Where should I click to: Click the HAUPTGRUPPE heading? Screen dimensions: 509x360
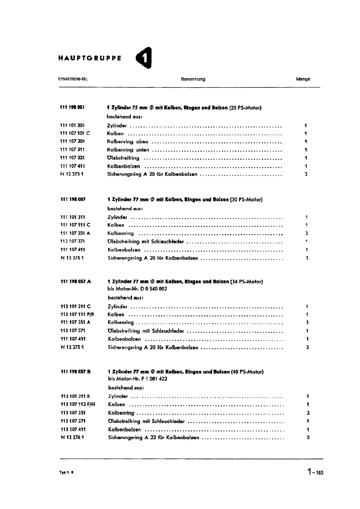click(90, 58)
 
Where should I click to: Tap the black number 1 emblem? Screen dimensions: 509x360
click(144, 58)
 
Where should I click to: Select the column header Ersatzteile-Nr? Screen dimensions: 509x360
click(73, 79)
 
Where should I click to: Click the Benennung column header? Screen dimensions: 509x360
click(193, 79)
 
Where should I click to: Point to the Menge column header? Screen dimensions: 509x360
click(303, 79)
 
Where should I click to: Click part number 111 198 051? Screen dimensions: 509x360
click(72, 108)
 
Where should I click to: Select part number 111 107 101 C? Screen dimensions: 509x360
click(75, 133)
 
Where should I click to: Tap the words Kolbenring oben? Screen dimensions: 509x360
click(128, 142)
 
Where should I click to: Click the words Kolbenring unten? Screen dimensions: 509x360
click(128, 150)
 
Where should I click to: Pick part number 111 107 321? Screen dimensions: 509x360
click(72, 158)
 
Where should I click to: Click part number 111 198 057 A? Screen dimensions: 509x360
click(76, 282)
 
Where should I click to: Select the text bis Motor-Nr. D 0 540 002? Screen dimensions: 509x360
click(137, 289)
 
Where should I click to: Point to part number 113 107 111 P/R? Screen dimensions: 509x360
click(77, 314)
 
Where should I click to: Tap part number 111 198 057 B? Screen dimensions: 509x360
click(76, 372)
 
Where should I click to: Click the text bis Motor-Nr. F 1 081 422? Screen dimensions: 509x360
click(138, 379)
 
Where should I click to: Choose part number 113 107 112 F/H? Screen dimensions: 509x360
click(78, 404)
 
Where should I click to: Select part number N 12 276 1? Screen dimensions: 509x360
click(73, 437)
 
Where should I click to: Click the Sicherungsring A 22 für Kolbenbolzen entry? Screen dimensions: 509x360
click(154, 438)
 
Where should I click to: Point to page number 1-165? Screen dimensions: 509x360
click(315, 472)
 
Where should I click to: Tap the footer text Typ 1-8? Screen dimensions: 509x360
click(66, 472)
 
